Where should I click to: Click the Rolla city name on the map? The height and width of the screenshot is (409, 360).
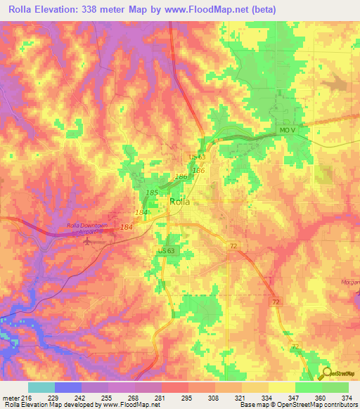(x=180, y=202)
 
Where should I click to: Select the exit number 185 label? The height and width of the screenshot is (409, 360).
(x=151, y=192)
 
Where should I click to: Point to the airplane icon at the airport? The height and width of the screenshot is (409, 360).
(x=89, y=241)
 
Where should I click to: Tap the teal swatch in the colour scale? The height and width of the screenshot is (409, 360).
(x=41, y=387)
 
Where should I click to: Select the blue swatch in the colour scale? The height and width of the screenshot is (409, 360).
(x=67, y=387)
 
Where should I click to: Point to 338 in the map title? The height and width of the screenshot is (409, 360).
(x=99, y=9)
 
